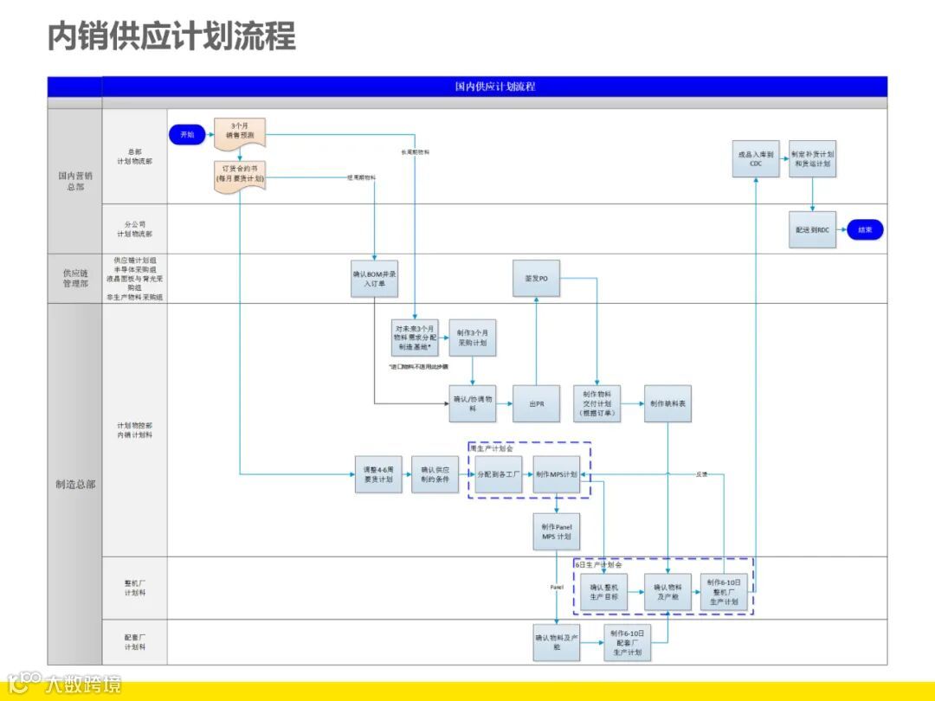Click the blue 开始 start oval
coord(187,134)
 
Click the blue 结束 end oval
coord(865,230)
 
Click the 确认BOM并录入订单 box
coord(374,278)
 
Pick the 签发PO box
coord(536,278)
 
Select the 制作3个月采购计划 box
coord(472,338)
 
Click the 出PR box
coord(536,403)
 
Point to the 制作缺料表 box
coord(667,403)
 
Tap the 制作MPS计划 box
coord(556,474)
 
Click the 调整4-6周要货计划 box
coord(378,474)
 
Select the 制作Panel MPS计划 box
coord(556,531)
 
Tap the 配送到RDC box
coord(812,230)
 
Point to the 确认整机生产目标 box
coord(603,592)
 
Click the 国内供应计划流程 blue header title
coord(494,87)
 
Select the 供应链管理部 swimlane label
coord(74,278)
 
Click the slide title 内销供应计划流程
coord(171,37)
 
